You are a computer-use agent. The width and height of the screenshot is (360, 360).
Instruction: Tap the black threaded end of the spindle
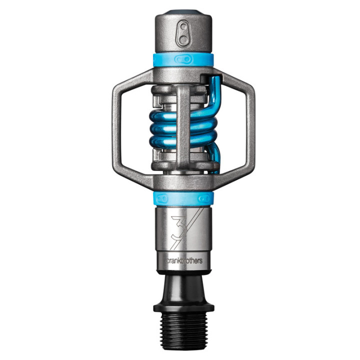coord(184,330)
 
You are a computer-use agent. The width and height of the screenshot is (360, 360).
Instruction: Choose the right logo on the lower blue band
coord(204,199)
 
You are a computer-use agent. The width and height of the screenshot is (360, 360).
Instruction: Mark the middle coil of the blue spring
coord(165,132)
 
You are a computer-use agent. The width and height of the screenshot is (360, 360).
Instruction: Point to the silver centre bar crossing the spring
coord(184,125)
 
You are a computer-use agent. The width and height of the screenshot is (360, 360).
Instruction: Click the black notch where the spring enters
coord(204,78)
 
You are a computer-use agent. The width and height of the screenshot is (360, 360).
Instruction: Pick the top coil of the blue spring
coord(165,118)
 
